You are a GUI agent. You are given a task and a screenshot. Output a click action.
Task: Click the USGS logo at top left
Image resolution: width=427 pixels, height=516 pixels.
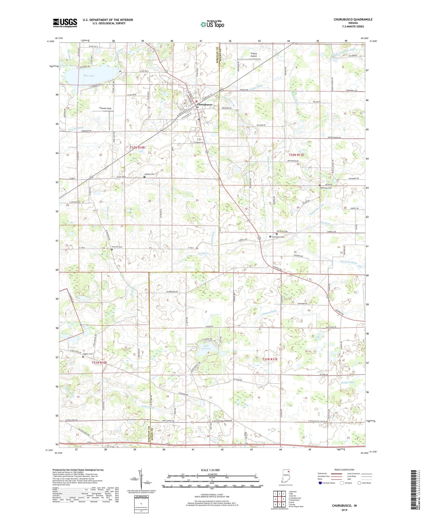[65, 22]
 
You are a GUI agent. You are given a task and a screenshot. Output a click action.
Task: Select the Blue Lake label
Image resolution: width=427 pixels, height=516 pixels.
[89, 76]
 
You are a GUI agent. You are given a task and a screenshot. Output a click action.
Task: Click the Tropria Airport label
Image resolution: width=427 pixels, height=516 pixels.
[254, 54]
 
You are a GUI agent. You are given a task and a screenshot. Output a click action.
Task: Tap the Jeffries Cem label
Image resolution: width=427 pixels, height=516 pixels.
[149, 174]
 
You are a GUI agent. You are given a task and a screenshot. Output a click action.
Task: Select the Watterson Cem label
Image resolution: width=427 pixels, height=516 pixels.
[326, 188]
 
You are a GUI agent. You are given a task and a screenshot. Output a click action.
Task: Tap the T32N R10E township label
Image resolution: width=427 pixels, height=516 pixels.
[137, 147]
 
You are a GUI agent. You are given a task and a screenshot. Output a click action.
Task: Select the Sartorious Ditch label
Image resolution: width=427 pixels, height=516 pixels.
[348, 262]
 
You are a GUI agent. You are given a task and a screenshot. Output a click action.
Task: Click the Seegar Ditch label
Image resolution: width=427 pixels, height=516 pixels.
[348, 382]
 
